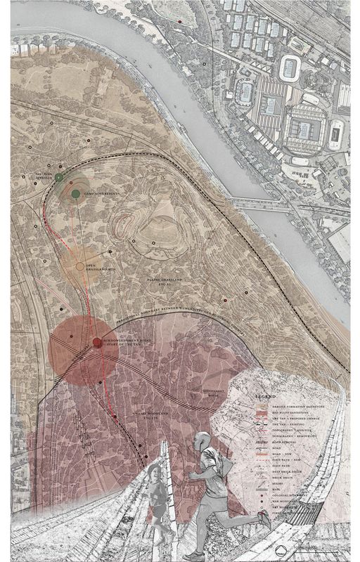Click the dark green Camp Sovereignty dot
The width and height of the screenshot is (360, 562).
pyautogui.click(x=75, y=193)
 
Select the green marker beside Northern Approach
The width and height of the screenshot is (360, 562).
pyautogui.click(x=59, y=177)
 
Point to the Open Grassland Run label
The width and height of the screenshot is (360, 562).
pyautogui.click(x=100, y=267)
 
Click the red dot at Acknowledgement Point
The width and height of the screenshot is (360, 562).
pyautogui.click(x=96, y=343)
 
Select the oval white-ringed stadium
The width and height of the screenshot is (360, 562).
pyautogui.click(x=291, y=68)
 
